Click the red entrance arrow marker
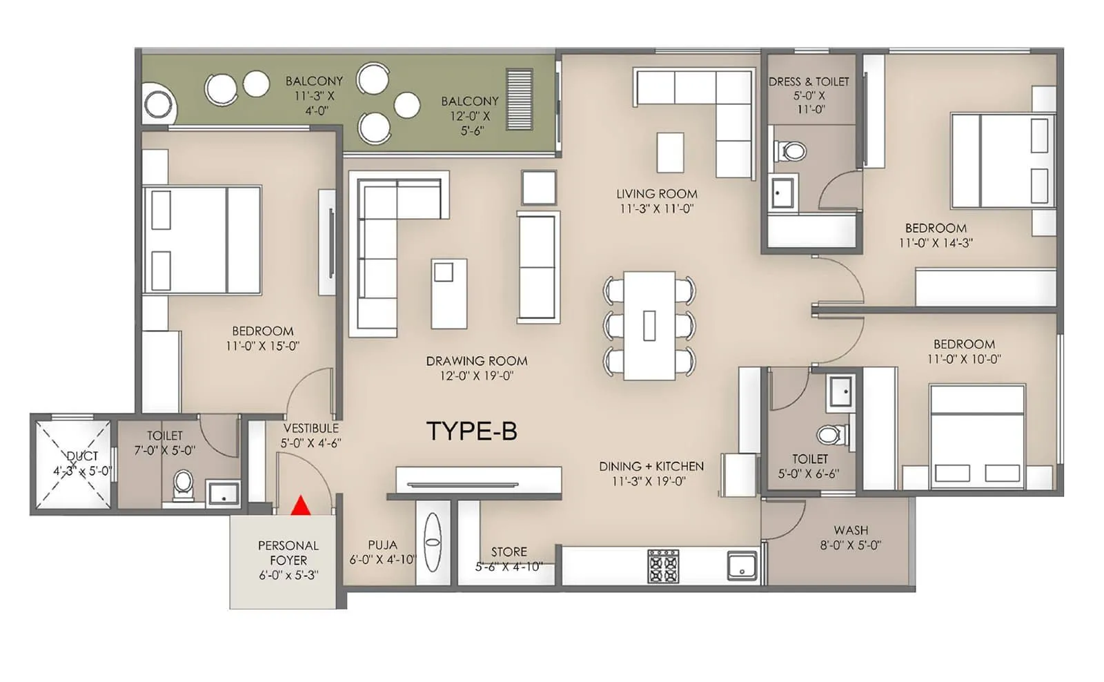tap(299, 506)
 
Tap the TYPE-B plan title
tap(472, 431)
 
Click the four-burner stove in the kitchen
tap(662, 566)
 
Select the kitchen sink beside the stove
tap(742, 565)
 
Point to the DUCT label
tap(82, 456)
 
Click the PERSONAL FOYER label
tap(288, 553)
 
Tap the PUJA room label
tap(382, 545)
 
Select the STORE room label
tap(509, 552)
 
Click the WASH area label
tap(851, 530)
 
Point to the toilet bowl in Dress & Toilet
tap(791, 150)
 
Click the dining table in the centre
tap(649, 325)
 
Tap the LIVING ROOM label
tap(656, 194)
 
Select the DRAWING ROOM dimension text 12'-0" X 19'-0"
tap(477, 376)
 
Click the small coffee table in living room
tap(670, 153)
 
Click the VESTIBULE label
tap(310, 428)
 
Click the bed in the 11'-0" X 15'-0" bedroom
tap(201, 240)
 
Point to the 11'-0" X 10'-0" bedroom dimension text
tap(964, 359)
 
